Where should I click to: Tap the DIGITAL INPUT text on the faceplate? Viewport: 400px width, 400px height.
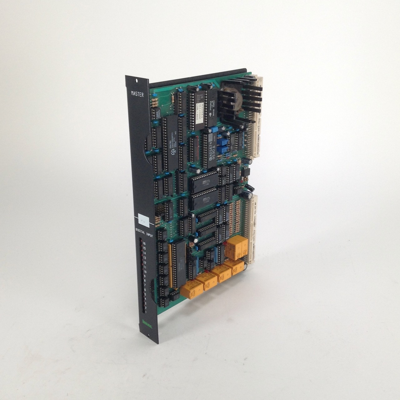pyautogui.click(x=144, y=230)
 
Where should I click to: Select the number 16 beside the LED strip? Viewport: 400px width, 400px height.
pyautogui.click(x=144, y=243)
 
